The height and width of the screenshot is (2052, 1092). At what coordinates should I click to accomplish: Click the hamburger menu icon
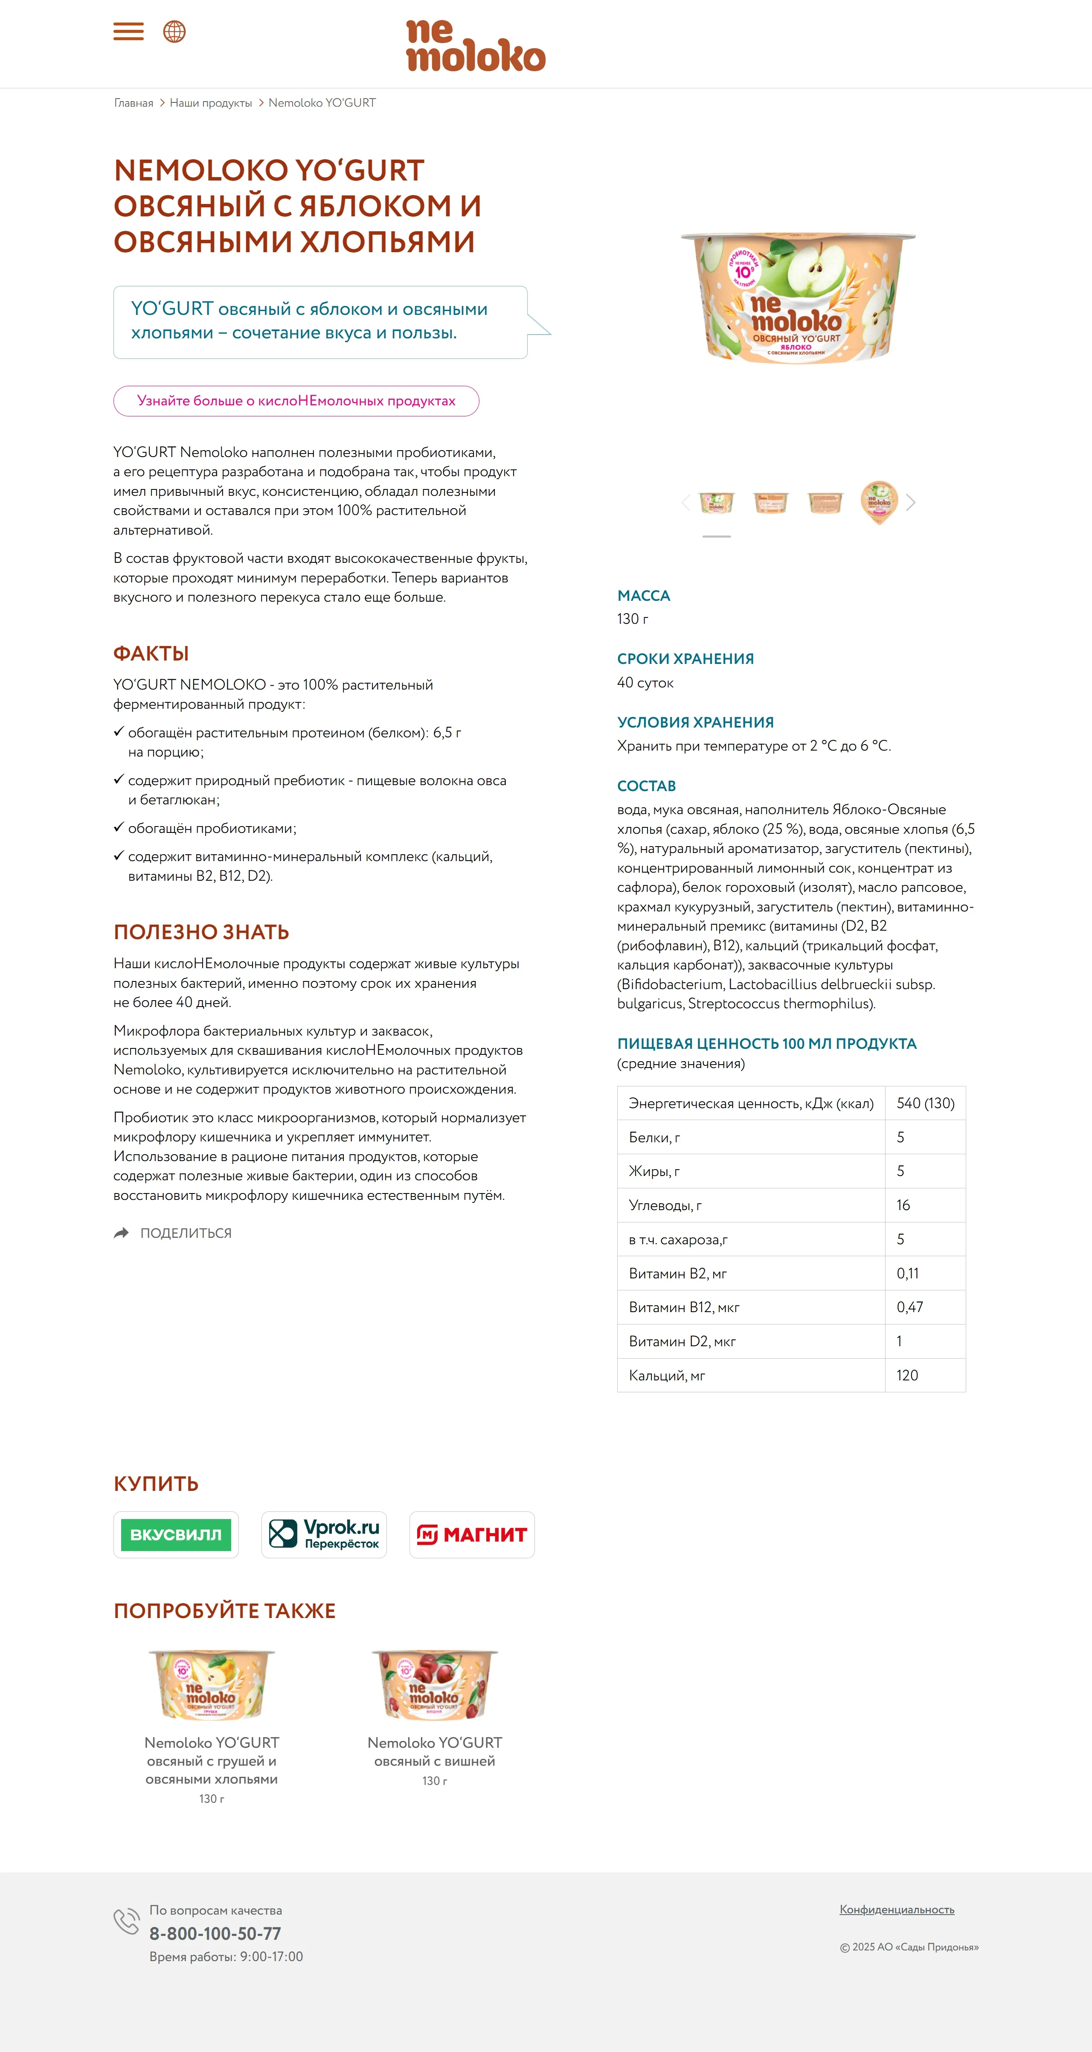(128, 32)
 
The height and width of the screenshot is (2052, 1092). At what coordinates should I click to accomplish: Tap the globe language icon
(174, 32)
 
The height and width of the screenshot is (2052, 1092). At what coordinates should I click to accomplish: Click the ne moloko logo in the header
(476, 45)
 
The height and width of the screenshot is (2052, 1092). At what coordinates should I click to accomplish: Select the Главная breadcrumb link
(133, 103)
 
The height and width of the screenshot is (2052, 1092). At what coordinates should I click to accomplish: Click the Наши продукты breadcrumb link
(210, 103)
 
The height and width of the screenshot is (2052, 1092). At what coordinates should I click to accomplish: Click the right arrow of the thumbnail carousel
(911, 503)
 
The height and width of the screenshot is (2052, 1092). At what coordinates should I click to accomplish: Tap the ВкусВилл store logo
(176, 1534)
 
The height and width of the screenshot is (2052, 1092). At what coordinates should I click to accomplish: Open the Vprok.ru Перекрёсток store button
(324, 1534)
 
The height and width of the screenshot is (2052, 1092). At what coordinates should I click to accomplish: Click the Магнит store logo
(472, 1534)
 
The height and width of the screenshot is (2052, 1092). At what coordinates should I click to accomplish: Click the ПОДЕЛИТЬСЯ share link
(185, 1233)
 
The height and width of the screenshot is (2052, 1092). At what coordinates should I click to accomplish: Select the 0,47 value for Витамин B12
(909, 1307)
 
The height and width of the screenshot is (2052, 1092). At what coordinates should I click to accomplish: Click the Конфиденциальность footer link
(897, 1909)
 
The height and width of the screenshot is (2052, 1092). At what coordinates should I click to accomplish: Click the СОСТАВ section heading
(646, 786)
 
